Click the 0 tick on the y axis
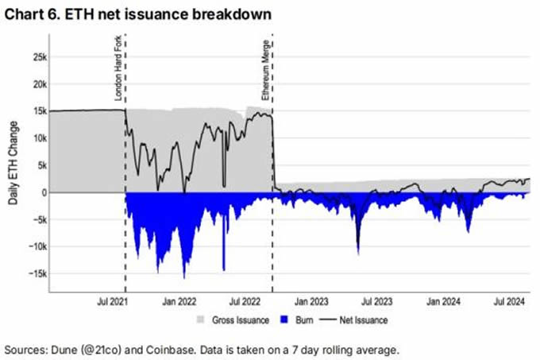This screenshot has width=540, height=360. pyautogui.click(x=41, y=192)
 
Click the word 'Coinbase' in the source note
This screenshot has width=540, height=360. pyautogui.click(x=156, y=349)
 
